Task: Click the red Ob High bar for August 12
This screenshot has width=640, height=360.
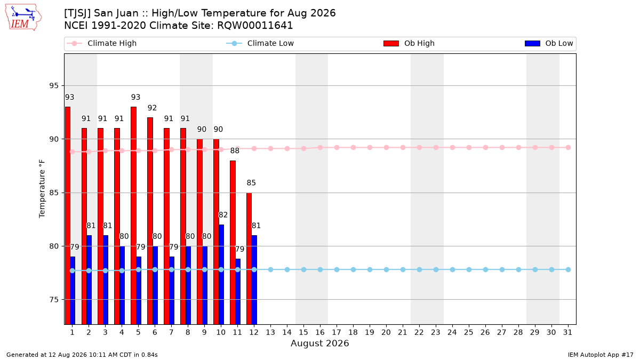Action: [249, 259]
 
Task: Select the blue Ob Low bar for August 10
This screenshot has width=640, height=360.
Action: [221, 275]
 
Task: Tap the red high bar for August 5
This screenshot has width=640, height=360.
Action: [133, 215]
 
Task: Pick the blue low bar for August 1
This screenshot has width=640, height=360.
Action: [73, 291]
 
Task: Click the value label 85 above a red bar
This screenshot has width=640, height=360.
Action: [251, 183]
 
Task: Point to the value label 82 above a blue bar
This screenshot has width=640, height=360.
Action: [223, 215]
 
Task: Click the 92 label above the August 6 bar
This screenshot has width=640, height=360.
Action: [153, 108]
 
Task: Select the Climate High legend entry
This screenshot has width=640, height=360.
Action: [102, 43]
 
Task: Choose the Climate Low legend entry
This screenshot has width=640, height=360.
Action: [260, 43]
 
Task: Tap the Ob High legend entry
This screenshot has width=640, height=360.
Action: [409, 43]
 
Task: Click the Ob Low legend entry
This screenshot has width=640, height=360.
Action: [549, 43]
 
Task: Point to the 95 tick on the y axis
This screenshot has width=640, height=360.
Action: [54, 86]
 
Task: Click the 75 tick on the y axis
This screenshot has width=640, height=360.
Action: [54, 300]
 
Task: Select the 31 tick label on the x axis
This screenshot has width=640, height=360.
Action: [567, 332]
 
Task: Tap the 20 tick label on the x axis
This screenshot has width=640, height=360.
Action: [386, 332]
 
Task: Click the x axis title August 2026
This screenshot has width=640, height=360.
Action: [319, 343]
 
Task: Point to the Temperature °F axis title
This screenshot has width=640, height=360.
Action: [42, 189]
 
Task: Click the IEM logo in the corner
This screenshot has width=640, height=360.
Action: [23, 18]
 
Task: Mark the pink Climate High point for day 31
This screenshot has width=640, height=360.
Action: [569, 148]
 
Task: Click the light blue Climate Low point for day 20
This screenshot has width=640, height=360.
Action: [386, 270]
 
